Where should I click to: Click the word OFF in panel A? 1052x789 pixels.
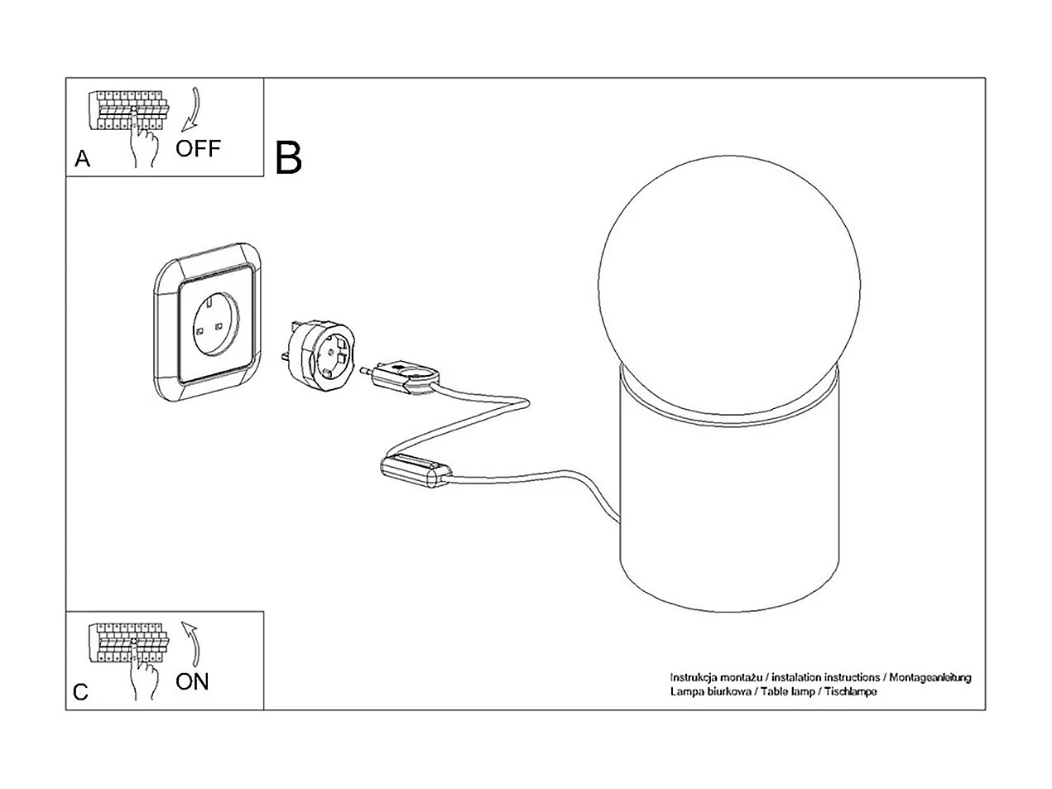pos(198,149)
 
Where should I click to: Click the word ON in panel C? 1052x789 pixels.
pos(192,682)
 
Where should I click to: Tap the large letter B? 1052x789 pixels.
pos(288,157)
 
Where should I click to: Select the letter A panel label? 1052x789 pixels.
pos(82,159)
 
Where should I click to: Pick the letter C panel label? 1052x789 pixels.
pos(80,692)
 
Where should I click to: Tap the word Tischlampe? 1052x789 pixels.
pos(850,690)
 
